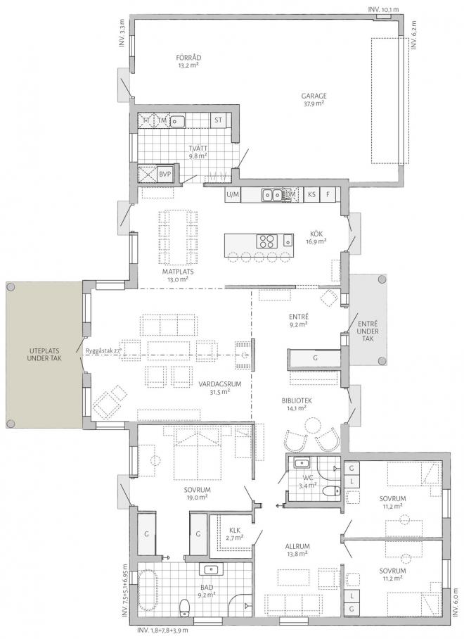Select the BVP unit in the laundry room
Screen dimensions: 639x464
(165, 173)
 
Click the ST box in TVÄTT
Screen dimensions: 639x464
(218, 120)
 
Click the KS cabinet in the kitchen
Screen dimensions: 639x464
(311, 194)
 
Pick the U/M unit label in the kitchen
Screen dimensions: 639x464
(232, 194)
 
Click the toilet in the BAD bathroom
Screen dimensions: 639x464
(184, 607)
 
